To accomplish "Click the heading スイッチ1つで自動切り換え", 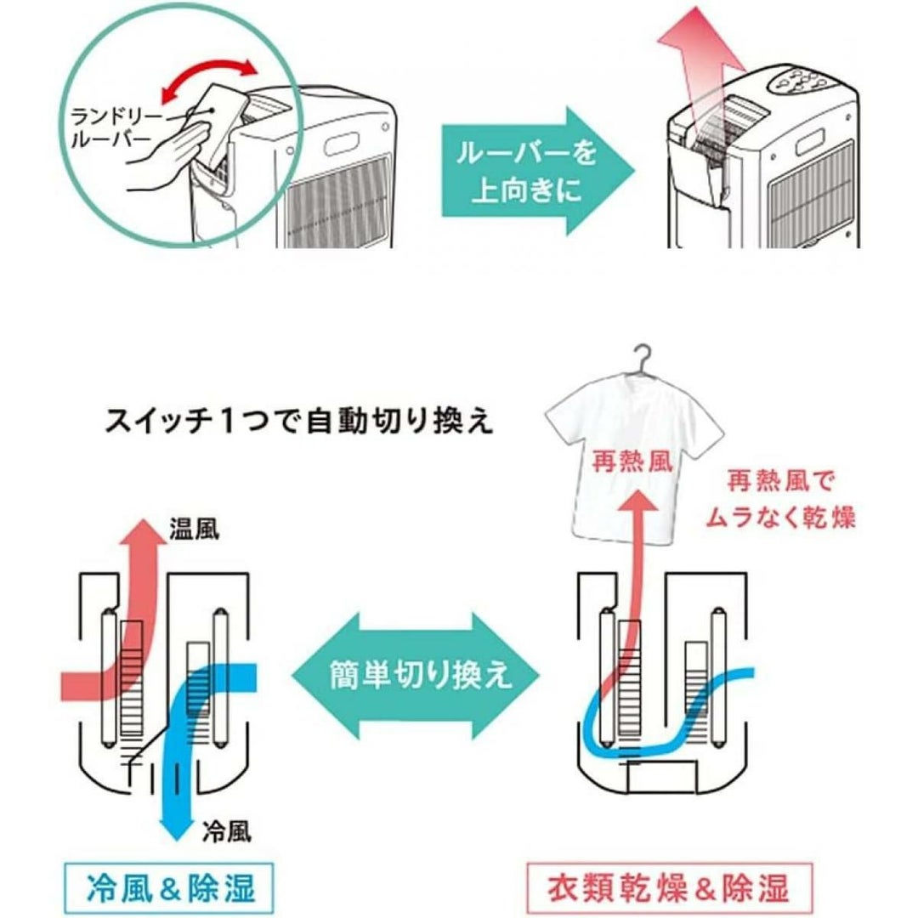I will pos(297,422).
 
